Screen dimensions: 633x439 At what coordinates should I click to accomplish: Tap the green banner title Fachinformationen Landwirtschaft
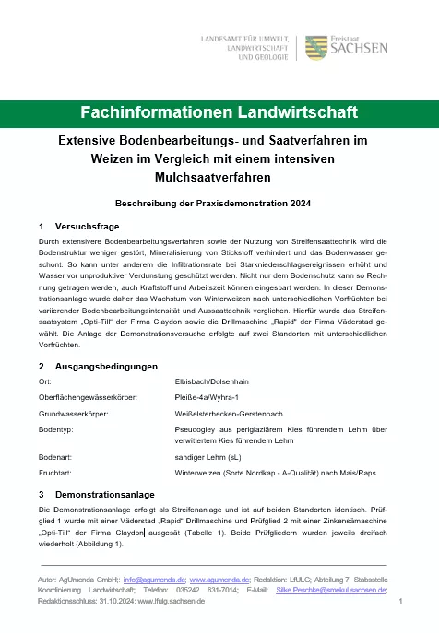[219, 113]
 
